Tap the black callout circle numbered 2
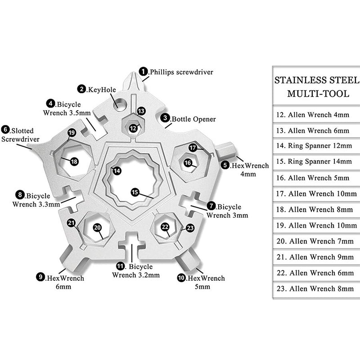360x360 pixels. [x=81, y=89]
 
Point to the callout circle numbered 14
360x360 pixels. [x=117, y=171]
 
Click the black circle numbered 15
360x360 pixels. [x=135, y=192]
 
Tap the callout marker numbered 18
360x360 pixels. [x=74, y=161]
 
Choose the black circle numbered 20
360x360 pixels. [x=98, y=228]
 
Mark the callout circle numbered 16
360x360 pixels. [x=188, y=162]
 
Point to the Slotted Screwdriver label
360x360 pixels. [x=20, y=135]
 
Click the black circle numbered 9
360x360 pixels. [x=40, y=278]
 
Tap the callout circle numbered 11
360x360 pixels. [x=120, y=266]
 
